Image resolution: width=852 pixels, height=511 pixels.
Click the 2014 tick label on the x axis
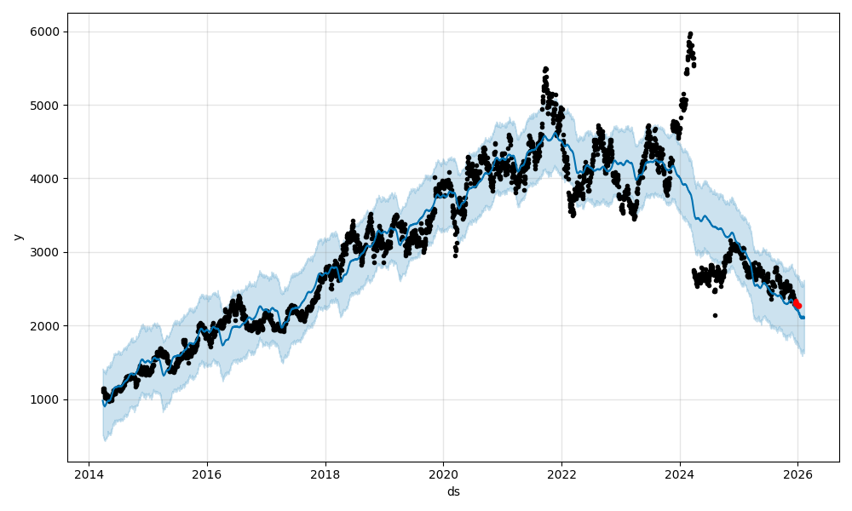tap(89, 474)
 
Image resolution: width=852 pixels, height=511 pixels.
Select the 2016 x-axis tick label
tap(206, 474)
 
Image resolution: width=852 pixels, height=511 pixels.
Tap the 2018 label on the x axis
tap(325, 474)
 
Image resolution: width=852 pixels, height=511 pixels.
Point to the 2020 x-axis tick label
tap(443, 474)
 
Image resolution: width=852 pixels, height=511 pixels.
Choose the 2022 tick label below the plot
tap(561, 474)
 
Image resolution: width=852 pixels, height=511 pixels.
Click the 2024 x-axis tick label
tap(680, 474)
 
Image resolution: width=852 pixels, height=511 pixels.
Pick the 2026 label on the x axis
tap(797, 474)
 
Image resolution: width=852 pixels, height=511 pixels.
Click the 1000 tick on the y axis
tap(45, 399)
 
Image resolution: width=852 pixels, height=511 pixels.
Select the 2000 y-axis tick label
tap(45, 326)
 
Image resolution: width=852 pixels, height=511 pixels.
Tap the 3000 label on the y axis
tap(45, 252)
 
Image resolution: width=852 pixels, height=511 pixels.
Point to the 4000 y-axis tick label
tap(45, 179)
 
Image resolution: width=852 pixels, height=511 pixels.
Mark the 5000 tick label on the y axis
tap(45, 106)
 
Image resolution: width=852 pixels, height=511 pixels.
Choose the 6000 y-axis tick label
tap(45, 32)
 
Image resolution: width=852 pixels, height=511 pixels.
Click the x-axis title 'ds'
tap(453, 491)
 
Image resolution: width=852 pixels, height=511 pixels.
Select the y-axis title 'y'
tap(17, 237)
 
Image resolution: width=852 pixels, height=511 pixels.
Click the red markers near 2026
tap(797, 303)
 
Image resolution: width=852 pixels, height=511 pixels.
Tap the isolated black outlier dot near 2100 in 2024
tap(715, 315)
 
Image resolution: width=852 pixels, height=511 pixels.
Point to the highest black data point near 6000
tap(690, 34)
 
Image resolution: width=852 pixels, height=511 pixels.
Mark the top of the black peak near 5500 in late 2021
tap(545, 69)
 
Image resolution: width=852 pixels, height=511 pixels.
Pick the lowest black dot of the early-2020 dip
tap(455, 255)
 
